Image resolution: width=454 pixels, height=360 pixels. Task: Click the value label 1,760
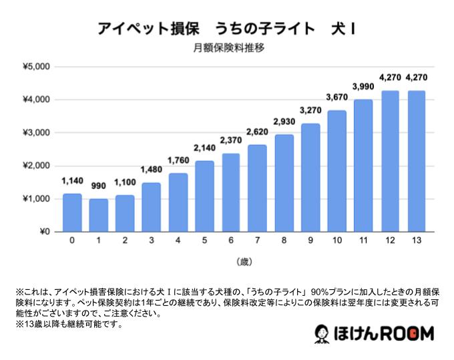tap(178, 162)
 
